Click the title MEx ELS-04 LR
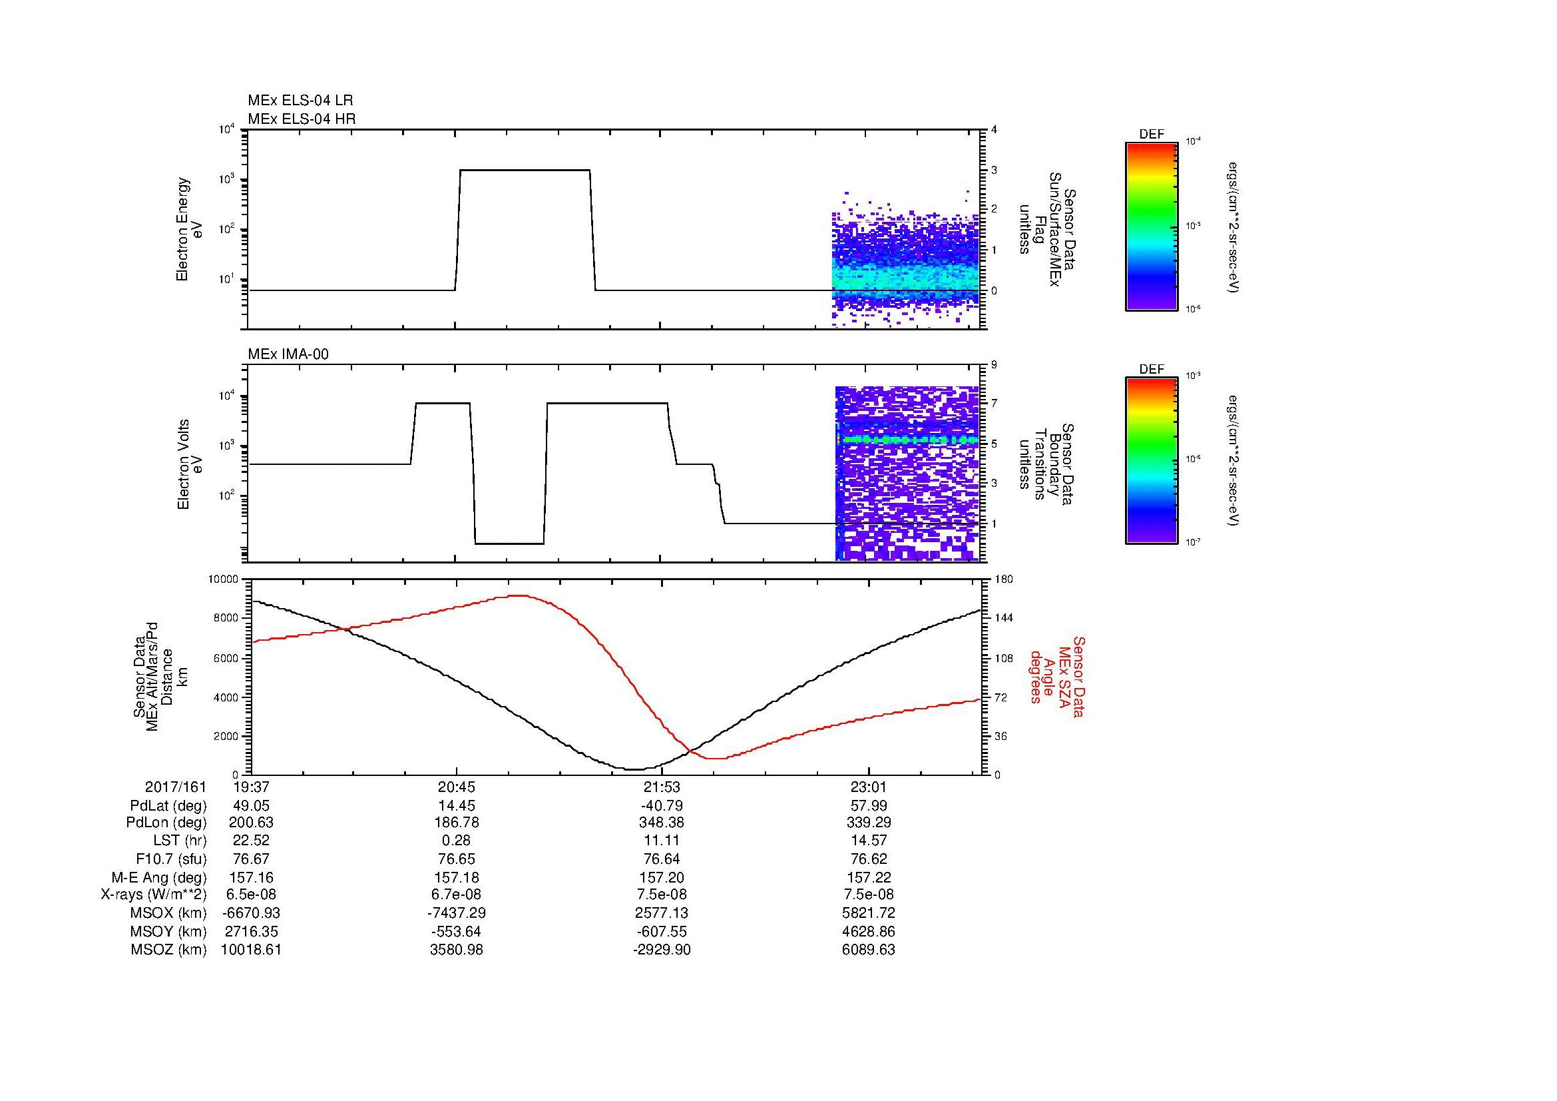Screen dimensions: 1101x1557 [300, 101]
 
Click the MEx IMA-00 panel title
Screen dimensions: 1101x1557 [288, 354]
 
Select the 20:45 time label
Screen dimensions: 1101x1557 [457, 787]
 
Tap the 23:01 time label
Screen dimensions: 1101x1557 [868, 787]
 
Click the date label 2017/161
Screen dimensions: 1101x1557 [175, 787]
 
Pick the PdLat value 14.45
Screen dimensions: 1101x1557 [457, 806]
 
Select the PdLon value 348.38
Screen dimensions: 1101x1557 [662, 823]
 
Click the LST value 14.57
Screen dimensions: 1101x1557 [868, 841]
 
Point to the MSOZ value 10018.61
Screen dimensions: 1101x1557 [251, 950]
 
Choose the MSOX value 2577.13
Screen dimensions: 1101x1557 [662, 913]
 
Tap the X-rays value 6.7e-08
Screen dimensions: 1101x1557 [457, 895]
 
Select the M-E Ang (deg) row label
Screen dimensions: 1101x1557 [162, 877]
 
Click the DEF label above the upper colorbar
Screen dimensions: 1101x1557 [1152, 135]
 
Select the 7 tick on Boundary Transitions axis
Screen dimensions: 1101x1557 [994, 404]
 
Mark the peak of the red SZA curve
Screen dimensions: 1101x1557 [519, 595]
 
